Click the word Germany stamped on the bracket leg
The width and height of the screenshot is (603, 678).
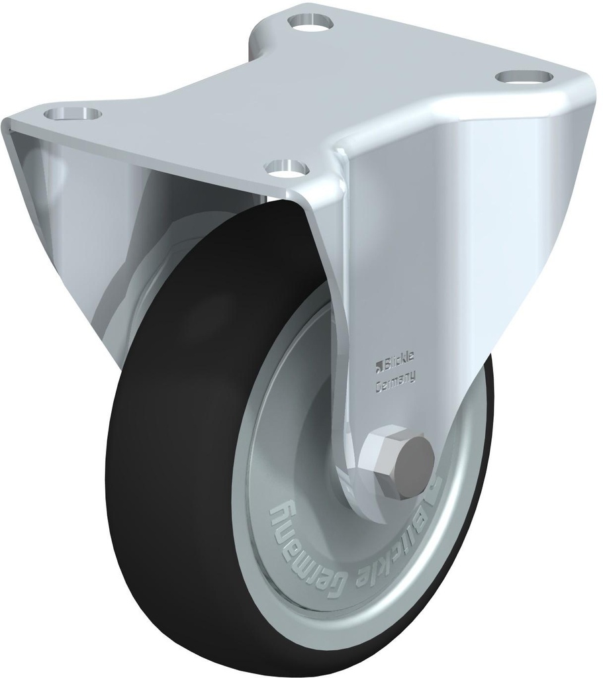(395, 380)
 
